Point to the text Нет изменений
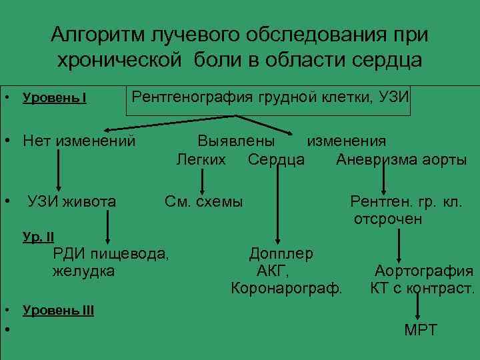[x=79, y=141]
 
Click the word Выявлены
[x=236, y=141]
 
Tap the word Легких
[x=201, y=160]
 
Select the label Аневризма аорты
[x=401, y=160]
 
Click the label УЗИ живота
[x=71, y=201]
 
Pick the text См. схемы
[x=204, y=201]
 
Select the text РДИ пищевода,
[x=111, y=253]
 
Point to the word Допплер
[x=281, y=253]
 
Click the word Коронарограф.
[x=286, y=289]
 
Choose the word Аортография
[x=424, y=271]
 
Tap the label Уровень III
[x=58, y=311]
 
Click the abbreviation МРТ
[x=421, y=329]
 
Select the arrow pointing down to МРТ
[x=417, y=308]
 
